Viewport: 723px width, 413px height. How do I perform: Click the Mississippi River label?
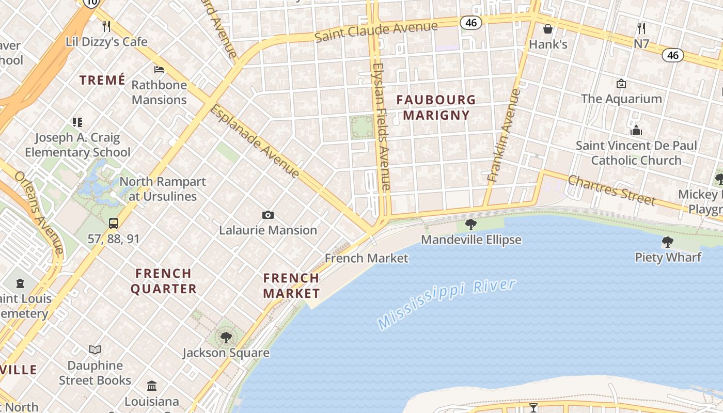[447, 304]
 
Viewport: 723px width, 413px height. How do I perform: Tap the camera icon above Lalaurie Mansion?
[268, 215]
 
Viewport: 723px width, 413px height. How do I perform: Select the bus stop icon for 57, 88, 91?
[114, 224]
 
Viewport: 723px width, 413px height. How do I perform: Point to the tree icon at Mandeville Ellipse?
[470, 225]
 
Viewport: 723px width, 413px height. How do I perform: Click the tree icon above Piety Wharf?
[667, 242]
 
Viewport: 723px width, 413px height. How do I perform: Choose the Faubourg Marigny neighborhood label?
[436, 107]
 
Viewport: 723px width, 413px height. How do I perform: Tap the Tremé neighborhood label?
[102, 80]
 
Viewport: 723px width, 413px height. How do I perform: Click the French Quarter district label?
[163, 281]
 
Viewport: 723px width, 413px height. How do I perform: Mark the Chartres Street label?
[611, 189]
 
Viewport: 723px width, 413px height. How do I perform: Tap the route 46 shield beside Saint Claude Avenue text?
[471, 23]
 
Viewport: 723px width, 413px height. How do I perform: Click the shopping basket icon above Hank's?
[547, 29]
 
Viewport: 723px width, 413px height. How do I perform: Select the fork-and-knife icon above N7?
[641, 28]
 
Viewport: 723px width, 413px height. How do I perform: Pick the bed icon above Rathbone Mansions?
[159, 69]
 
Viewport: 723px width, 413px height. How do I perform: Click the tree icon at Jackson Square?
[226, 338]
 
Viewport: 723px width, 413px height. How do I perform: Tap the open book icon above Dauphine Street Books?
[95, 350]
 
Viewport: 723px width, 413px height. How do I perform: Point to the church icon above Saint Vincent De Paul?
[636, 130]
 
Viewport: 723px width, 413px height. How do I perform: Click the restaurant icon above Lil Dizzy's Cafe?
[106, 26]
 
